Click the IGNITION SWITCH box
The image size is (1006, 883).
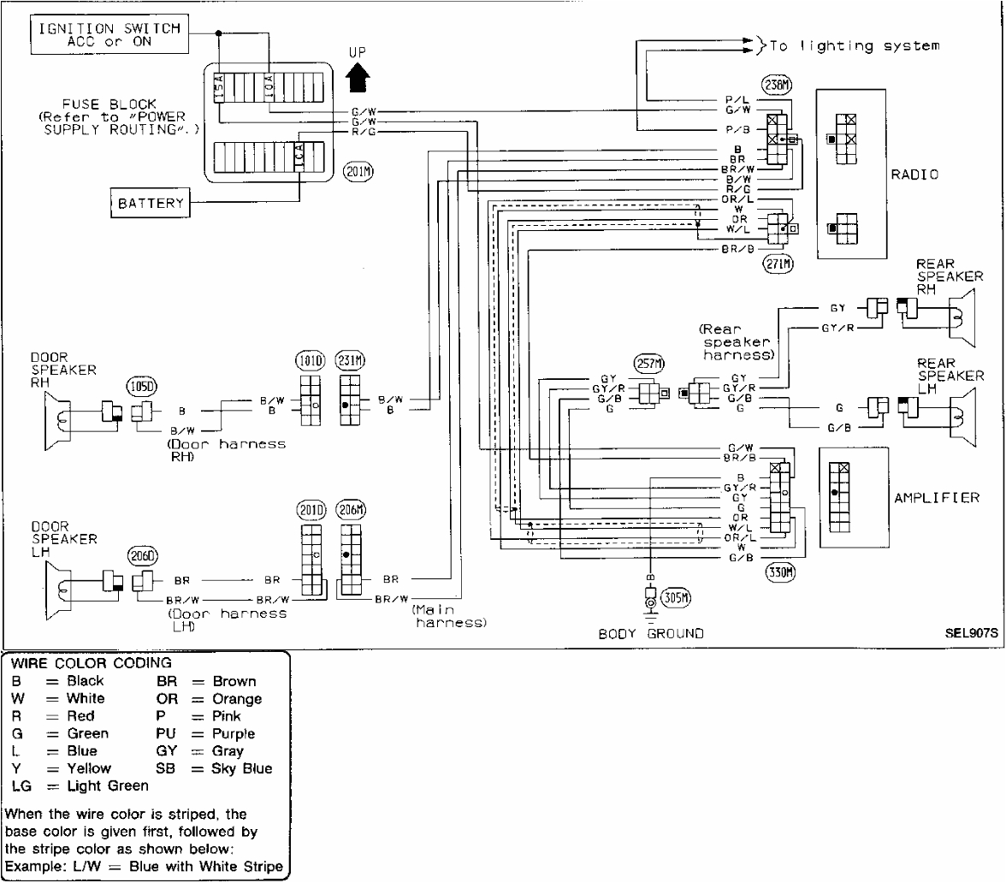pyautogui.click(x=109, y=34)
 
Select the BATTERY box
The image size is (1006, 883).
pyautogui.click(x=151, y=204)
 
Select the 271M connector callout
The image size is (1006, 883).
pyautogui.click(x=777, y=264)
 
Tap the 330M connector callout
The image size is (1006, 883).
pyautogui.click(x=781, y=572)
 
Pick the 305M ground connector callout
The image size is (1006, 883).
pyautogui.click(x=676, y=597)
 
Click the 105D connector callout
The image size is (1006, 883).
pyautogui.click(x=141, y=388)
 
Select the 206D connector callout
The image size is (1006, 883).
pyautogui.click(x=141, y=555)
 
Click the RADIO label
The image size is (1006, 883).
pyautogui.click(x=914, y=175)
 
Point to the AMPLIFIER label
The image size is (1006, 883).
pyautogui.click(x=937, y=498)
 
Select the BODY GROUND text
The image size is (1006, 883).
pyautogui.click(x=650, y=634)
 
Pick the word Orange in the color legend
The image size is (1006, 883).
pyautogui.click(x=238, y=699)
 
